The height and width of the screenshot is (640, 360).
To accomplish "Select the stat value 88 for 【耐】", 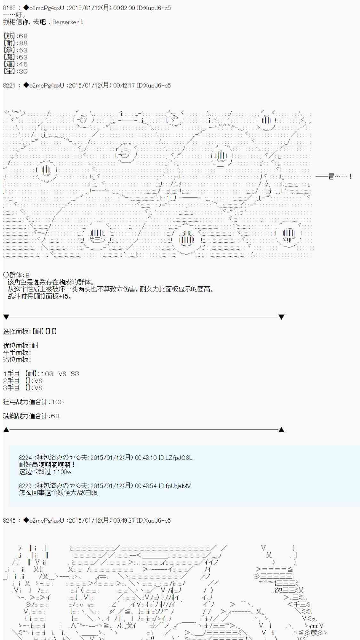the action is pyautogui.click(x=23, y=43).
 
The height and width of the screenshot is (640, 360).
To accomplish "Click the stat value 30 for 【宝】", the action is pyautogui.click(x=23, y=71).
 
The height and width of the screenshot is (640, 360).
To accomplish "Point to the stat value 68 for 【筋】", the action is pyautogui.click(x=23, y=36).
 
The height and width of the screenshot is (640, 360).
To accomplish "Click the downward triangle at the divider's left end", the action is pyautogui.click(x=6, y=317).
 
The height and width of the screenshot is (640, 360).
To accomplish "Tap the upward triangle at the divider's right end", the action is pyautogui.click(x=281, y=430).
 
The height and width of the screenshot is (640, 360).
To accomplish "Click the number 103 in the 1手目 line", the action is pyautogui.click(x=47, y=374).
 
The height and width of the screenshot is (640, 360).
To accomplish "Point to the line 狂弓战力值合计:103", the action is pyautogui.click(x=34, y=402).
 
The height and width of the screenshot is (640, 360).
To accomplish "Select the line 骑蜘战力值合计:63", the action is pyautogui.click(x=31, y=416).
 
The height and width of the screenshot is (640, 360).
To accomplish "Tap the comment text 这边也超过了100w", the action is pyautogui.click(x=45, y=472).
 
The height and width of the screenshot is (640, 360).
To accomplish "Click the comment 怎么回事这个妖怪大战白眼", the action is pyautogui.click(x=58, y=493).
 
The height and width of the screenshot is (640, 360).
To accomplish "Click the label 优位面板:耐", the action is pyautogui.click(x=21, y=346).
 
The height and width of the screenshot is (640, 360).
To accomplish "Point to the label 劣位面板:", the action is pyautogui.click(x=17, y=360).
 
